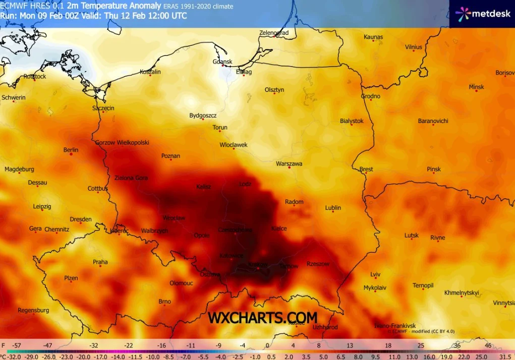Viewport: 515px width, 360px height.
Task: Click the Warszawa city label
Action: click(x=289, y=164)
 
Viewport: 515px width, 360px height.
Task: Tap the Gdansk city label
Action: click(x=222, y=62)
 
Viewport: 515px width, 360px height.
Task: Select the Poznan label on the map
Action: click(x=170, y=156)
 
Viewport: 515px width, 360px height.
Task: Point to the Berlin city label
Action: click(x=71, y=150)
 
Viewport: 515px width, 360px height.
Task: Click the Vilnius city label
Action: click(x=413, y=47)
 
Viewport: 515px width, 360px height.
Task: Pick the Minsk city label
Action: click(x=476, y=87)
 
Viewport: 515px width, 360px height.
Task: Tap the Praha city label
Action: click(x=100, y=262)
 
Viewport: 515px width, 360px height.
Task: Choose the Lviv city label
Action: click(x=375, y=274)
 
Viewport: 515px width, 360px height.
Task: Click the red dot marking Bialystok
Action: click(x=352, y=125)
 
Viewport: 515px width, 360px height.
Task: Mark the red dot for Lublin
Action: click(x=333, y=212)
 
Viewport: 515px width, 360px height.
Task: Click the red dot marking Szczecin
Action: click(x=103, y=111)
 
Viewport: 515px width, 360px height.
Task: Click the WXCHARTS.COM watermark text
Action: click(x=263, y=318)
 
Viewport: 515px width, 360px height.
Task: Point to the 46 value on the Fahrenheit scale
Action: click(x=488, y=345)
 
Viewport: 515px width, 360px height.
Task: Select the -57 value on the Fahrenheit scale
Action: click(x=17, y=345)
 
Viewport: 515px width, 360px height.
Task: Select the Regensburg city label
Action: click(x=33, y=310)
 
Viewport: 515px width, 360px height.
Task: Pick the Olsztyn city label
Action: click(x=274, y=90)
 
